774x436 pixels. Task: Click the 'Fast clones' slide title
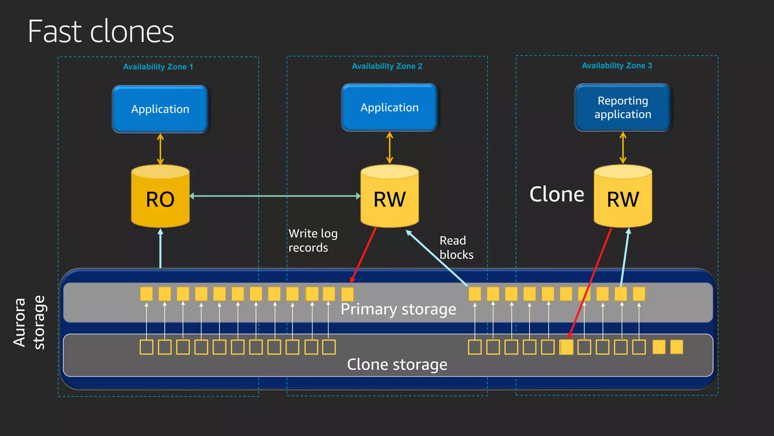point(101,32)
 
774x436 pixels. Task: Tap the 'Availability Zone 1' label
point(158,67)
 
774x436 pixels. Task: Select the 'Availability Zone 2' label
point(387,66)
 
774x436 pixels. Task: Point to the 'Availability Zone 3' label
point(617,66)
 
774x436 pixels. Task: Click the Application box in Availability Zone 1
point(160,109)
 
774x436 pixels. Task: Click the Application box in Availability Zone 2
point(389,108)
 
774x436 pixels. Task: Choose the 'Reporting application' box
point(623,108)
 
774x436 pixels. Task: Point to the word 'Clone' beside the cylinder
point(557,195)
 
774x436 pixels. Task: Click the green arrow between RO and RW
point(275,196)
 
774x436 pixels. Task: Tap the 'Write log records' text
point(313,240)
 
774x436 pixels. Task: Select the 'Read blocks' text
point(456,248)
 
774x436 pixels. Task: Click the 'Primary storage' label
point(398,310)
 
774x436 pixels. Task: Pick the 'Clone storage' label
point(397,364)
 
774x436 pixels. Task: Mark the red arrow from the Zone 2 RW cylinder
point(364,254)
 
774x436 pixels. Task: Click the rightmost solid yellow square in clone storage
point(676,347)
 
